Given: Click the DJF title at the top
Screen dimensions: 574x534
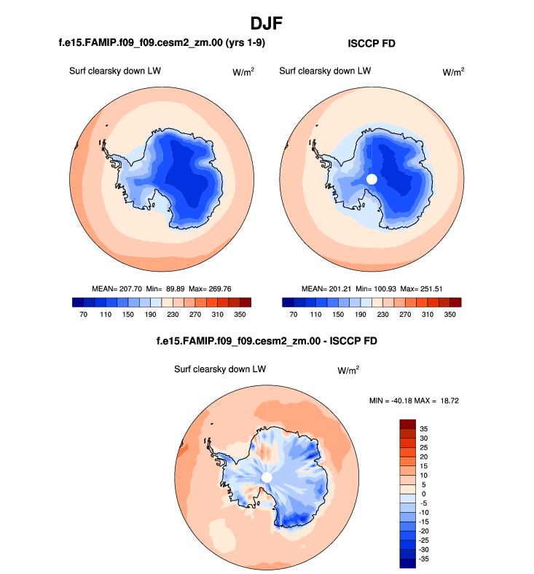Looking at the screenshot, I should pos(267,23).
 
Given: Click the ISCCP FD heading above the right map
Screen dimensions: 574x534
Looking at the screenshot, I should pos(371,44).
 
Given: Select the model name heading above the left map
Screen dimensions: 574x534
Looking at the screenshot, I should pos(162,44).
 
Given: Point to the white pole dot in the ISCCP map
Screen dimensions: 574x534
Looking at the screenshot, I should pos(372,178).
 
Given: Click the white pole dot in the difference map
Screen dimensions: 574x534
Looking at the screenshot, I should pos(267,476).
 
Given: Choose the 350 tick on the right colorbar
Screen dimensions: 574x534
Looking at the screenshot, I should pos(450,315).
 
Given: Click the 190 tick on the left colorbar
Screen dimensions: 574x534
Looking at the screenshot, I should pos(151,315).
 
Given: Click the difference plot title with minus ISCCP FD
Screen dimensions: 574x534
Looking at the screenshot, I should pos(267,341).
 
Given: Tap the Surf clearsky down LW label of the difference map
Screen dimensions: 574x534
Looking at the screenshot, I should pos(219,369).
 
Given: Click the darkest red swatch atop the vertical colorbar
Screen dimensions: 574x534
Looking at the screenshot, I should pos(407,424).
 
